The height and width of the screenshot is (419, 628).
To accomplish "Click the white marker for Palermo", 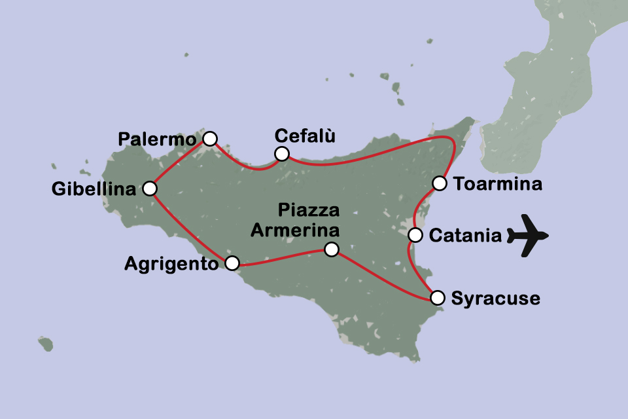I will pos(209,138).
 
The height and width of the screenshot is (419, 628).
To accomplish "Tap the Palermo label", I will pos(157,139).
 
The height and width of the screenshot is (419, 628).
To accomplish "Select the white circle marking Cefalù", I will pos(281,154).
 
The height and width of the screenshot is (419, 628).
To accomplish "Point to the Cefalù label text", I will pos(305,136).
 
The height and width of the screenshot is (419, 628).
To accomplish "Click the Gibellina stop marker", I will pos(150,189).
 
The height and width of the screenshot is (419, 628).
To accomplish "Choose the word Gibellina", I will pos(95,189).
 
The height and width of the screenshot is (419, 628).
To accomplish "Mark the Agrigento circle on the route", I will pos(232,263).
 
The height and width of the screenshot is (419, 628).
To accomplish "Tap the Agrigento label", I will pos(171,264).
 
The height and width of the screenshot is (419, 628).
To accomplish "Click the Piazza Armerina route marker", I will pos(332,249).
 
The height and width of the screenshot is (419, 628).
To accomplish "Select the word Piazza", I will pos(309,211).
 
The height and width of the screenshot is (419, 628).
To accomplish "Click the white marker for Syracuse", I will pos(438,298).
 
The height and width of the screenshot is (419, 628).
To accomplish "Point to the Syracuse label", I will pos(496,299).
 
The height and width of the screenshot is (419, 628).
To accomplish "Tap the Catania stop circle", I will pos(415,235).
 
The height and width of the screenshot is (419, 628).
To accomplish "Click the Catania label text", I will pos(465,236).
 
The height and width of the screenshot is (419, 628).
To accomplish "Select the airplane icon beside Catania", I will pos(527,235).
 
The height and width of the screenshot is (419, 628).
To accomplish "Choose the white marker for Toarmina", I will pos(440,183).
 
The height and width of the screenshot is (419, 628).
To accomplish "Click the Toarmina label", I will pos(498,184).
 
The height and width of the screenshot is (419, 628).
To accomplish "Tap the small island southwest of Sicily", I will pos(45,343).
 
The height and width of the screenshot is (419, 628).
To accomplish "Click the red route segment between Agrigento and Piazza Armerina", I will pos(281,258).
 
